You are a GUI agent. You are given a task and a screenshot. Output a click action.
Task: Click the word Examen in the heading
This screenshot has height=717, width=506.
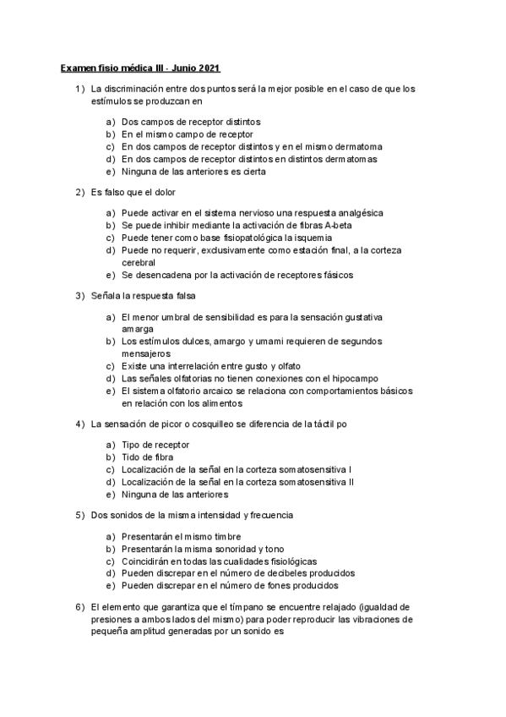[78, 68]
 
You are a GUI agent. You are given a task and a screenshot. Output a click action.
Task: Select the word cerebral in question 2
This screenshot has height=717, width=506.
[139, 263]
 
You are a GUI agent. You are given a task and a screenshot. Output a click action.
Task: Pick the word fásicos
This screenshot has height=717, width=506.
[331, 275]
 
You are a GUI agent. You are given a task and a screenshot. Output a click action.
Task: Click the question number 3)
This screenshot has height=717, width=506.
[80, 295]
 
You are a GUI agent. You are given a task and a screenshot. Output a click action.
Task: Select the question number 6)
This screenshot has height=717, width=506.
[80, 607]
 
